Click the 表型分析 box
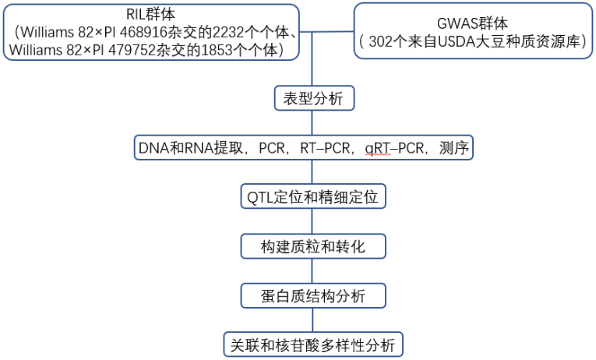pyautogui.click(x=313, y=99)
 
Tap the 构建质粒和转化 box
pyautogui.click(x=312, y=247)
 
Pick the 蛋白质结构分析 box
pyautogui.click(x=312, y=296)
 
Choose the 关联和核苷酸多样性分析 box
pyautogui.click(x=312, y=344)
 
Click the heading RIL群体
pyautogui.click(x=153, y=13)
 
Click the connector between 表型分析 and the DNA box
pyautogui.click(x=312, y=123)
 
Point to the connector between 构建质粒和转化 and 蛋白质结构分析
pyautogui.click(x=312, y=271)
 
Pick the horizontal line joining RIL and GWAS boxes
pyautogui.click(x=328, y=32)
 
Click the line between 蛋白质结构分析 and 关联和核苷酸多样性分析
pyautogui.click(x=312, y=320)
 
